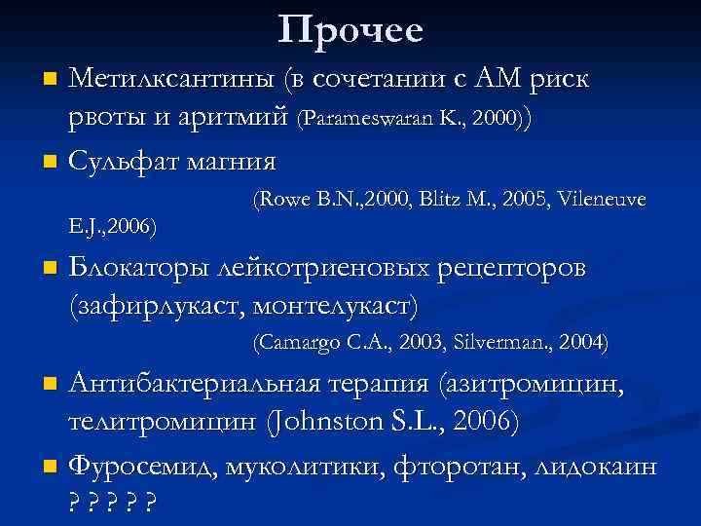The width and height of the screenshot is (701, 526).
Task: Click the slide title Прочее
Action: click(x=350, y=31)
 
